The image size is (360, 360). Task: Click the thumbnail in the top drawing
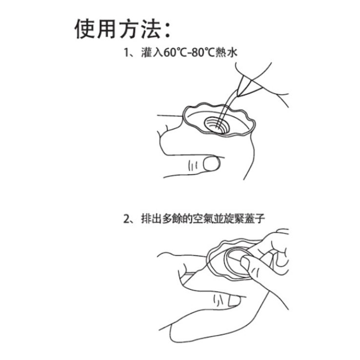coord(211,163)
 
